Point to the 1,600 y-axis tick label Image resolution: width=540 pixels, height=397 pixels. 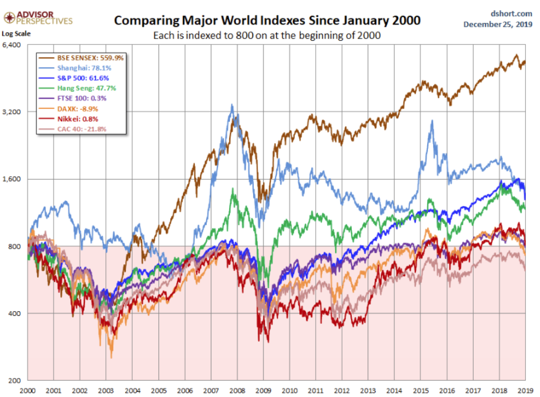point(11,179)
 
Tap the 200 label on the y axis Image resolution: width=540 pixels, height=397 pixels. point(14,380)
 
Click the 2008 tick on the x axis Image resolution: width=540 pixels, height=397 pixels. point(237,390)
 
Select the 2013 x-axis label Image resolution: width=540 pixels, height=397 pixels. point(368,390)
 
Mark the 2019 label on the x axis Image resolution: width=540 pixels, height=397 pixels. point(525,390)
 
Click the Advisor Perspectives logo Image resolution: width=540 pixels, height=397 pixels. point(38,18)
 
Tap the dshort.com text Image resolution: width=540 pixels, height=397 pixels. point(511,14)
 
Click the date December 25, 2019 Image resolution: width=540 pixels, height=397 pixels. point(497,24)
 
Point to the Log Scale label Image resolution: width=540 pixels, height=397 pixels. point(16,34)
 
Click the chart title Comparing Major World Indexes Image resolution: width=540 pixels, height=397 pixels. point(267,20)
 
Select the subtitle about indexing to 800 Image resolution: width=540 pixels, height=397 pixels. point(267,36)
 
